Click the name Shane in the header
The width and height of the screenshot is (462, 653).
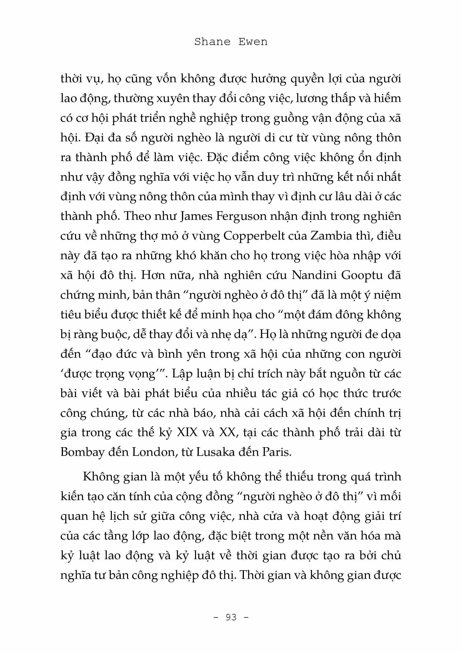coord(212,42)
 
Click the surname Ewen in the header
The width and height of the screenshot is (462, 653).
coord(253,42)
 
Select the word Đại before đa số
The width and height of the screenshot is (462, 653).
coord(97,138)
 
